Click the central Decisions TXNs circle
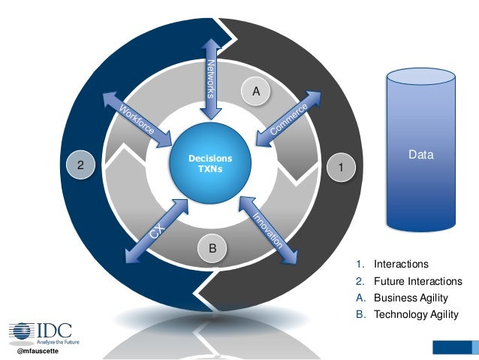pos(210,163)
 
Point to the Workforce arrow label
pos(136,120)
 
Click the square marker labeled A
pos(255,92)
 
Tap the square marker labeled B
pos(213,247)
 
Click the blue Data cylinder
pos(420,150)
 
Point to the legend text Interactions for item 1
pos(401,264)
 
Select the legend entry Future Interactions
pos(417,281)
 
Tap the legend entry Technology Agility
pos(416,314)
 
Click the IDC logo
pos(38,331)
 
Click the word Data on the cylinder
pos(420,155)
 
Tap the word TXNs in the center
pos(210,169)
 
